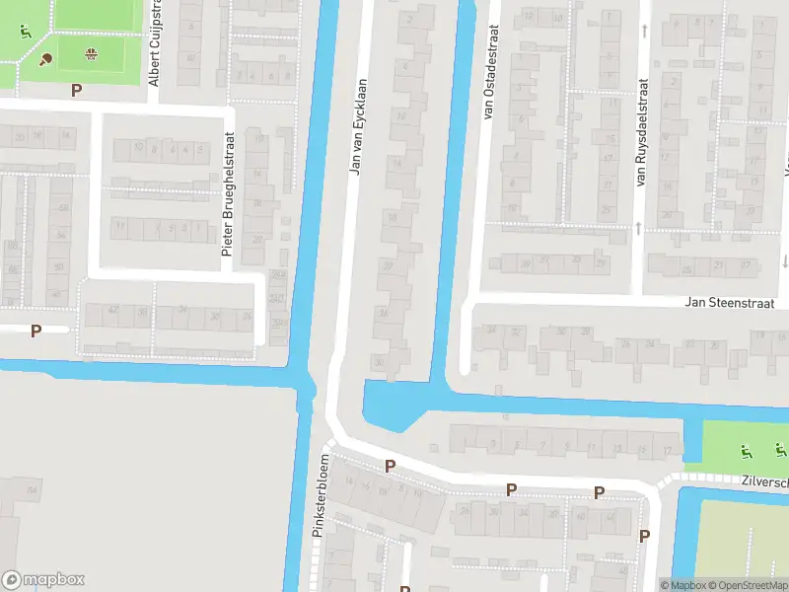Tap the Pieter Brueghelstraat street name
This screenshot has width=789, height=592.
[228, 195]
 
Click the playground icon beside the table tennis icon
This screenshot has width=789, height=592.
[24, 30]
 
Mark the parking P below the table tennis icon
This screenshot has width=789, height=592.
[77, 90]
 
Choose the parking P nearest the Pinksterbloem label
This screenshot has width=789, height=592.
[390, 466]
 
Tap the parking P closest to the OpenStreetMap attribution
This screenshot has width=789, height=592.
[644, 536]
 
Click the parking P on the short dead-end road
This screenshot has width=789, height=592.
[36, 331]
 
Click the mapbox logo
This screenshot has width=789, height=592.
[43, 580]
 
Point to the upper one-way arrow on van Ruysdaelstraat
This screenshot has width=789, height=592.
[643, 31]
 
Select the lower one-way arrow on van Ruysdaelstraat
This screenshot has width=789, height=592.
[638, 228]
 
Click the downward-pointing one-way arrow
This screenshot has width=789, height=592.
[784, 260]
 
